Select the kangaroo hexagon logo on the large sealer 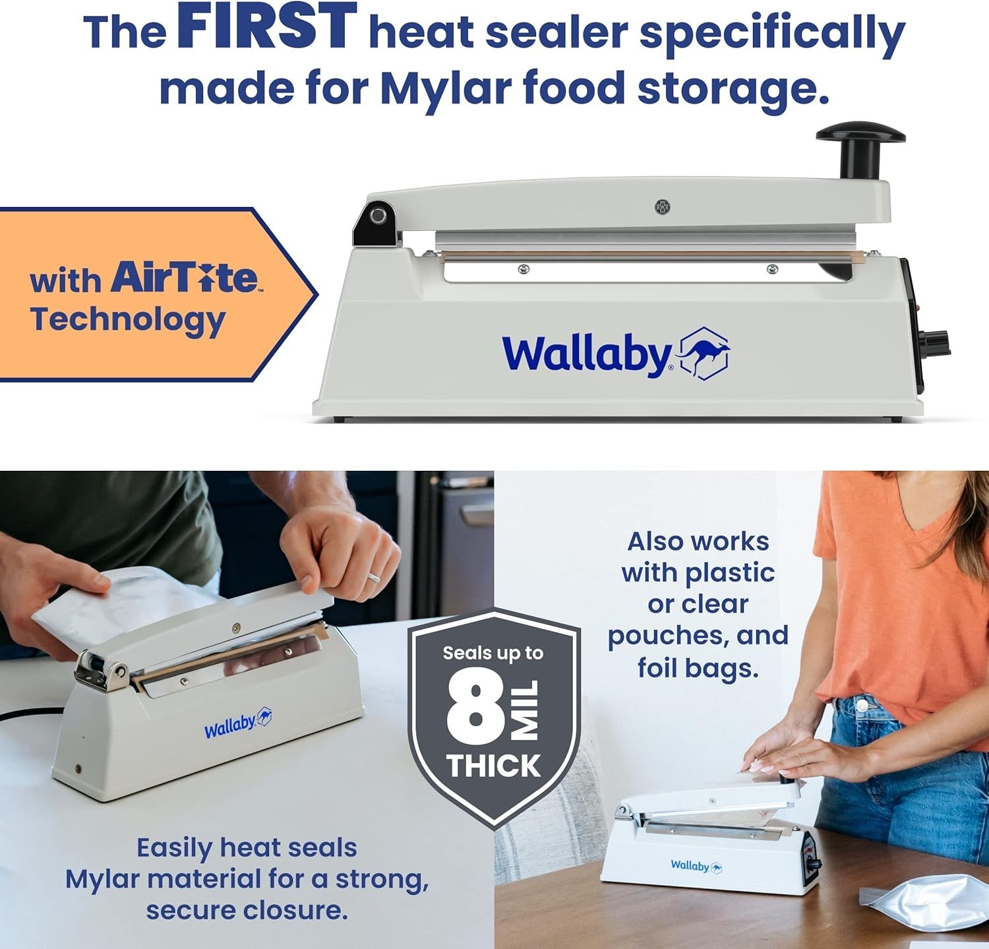[704, 353]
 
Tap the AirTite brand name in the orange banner [184, 277]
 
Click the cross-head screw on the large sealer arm [662, 207]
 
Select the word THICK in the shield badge [493, 766]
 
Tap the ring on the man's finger [373, 577]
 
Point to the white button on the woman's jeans [861, 706]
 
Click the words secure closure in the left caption [247, 910]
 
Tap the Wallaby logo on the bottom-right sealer [696, 866]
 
